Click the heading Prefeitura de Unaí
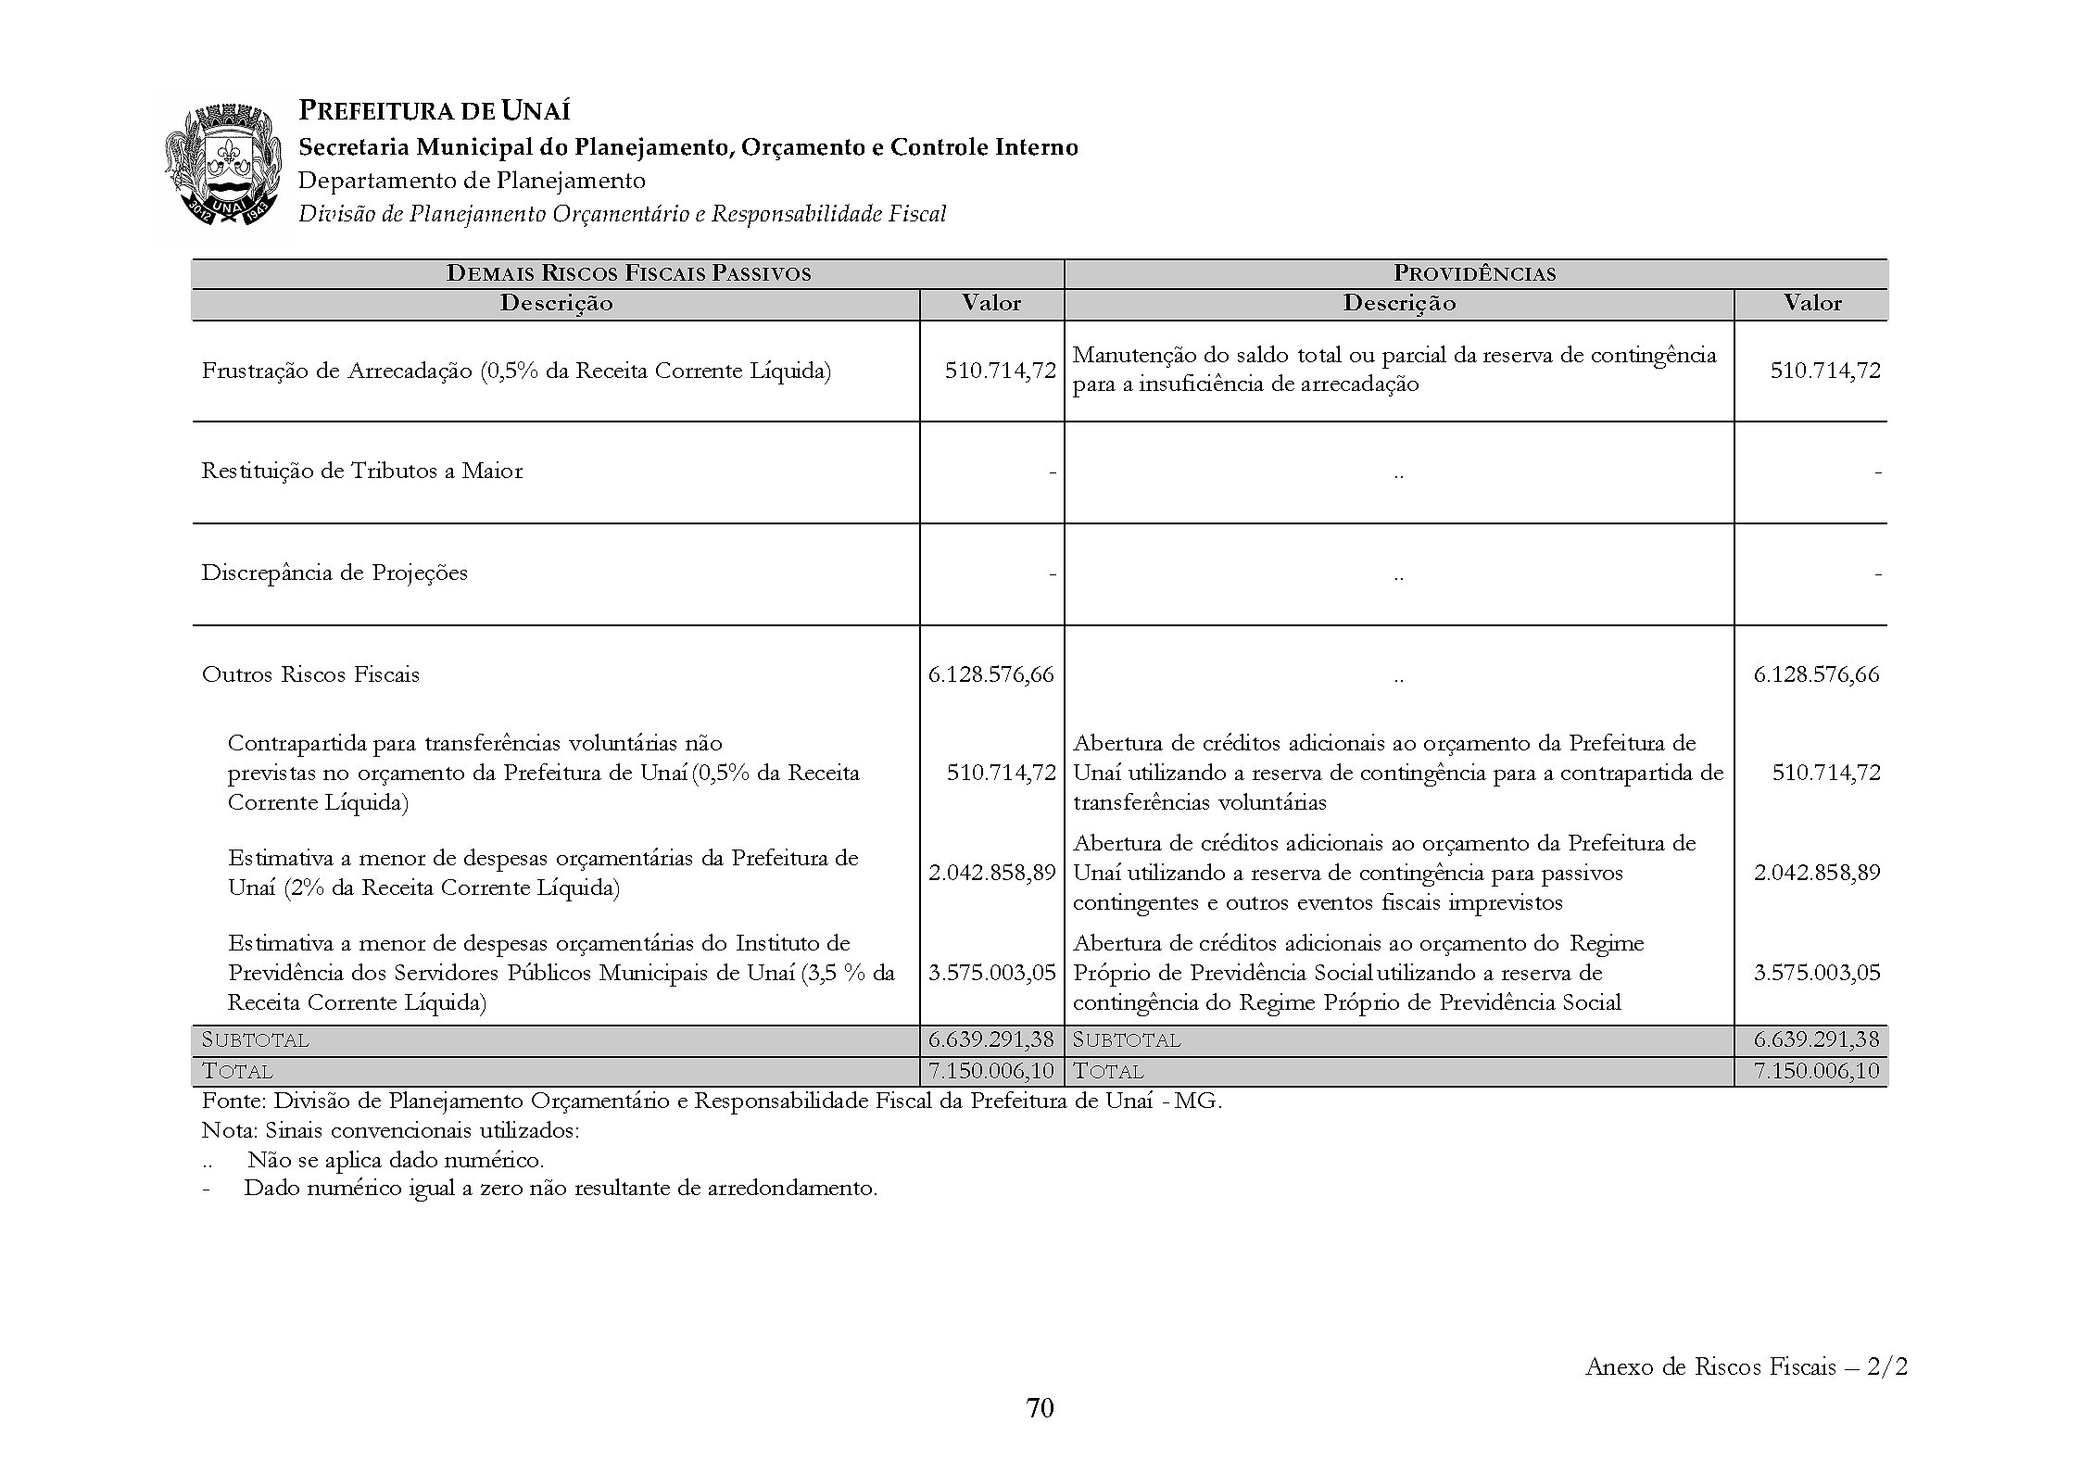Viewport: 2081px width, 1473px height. [x=434, y=112]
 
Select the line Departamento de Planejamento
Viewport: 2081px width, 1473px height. [x=471, y=181]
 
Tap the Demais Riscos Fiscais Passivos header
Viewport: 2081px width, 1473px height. [x=628, y=273]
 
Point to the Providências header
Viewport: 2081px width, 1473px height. [x=1474, y=273]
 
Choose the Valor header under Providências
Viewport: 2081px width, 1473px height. [x=1811, y=303]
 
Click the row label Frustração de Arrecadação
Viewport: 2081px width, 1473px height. [x=516, y=371]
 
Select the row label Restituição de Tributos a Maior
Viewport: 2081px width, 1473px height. [x=362, y=472]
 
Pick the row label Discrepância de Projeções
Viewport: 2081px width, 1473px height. [x=334, y=573]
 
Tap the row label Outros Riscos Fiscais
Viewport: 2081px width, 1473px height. [x=310, y=674]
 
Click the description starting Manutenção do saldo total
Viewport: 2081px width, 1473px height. [x=1394, y=370]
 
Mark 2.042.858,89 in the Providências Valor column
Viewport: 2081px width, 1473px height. [x=1816, y=873]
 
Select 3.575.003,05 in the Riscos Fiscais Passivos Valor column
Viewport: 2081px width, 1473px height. [x=991, y=973]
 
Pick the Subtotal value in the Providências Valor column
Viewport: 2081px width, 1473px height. [x=1816, y=1039]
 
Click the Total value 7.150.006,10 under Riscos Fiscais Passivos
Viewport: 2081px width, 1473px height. [x=991, y=1071]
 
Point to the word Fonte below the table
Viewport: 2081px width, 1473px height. [x=232, y=1102]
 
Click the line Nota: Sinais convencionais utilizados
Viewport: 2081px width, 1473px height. [x=390, y=1131]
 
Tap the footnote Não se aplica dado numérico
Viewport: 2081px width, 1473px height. [x=396, y=1160]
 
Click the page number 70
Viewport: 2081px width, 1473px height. [x=1040, y=1408]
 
